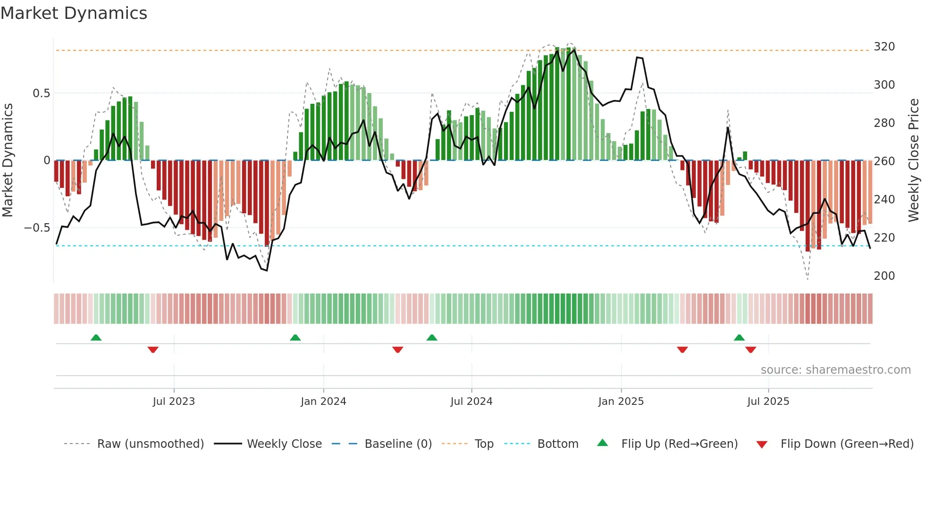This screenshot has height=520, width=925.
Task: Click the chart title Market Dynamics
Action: [74, 13]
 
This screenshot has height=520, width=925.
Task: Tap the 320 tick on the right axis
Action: [884, 47]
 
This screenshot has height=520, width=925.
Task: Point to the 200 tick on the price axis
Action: [884, 276]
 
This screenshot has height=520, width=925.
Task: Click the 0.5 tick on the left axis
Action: [41, 93]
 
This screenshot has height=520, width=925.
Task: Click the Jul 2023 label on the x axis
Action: [174, 402]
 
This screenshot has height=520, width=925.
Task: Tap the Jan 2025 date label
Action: [621, 402]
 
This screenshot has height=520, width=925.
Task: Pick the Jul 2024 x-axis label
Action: [471, 402]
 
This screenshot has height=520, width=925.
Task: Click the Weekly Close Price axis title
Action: [914, 160]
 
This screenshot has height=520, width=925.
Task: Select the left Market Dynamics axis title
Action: [8, 160]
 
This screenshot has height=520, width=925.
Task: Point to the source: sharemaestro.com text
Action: [835, 370]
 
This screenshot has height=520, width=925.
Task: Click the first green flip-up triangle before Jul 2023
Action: [96, 337]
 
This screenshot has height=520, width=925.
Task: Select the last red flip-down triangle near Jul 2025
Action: [750, 350]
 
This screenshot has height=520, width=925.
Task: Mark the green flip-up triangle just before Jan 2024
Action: [295, 337]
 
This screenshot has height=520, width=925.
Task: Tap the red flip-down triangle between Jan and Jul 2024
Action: [397, 350]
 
